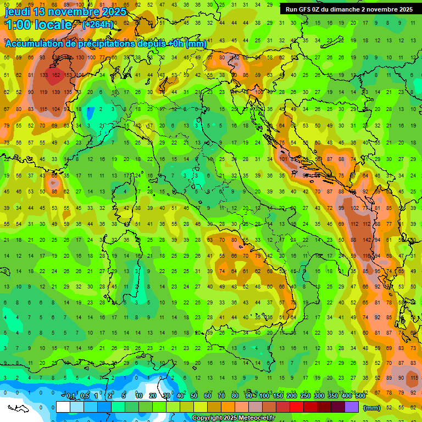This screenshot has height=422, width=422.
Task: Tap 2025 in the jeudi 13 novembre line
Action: click(x=113, y=12)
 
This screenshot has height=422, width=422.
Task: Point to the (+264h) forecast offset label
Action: click(x=98, y=24)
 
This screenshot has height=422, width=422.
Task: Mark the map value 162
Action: click(x=55, y=75)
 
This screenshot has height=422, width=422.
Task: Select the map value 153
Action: click(x=68, y=75)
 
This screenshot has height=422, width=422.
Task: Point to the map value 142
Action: click(x=364, y=240)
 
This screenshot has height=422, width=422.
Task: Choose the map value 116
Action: click(x=365, y=256)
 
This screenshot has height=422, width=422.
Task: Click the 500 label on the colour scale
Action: click(x=360, y=396)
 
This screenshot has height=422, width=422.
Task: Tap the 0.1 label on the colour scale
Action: click(x=71, y=396)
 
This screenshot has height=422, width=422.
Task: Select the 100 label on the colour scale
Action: click(x=264, y=396)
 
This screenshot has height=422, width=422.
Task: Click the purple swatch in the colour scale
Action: click(x=352, y=407)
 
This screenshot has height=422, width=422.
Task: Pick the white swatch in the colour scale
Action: click(x=63, y=407)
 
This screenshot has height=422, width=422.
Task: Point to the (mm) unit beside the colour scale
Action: click(x=372, y=408)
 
